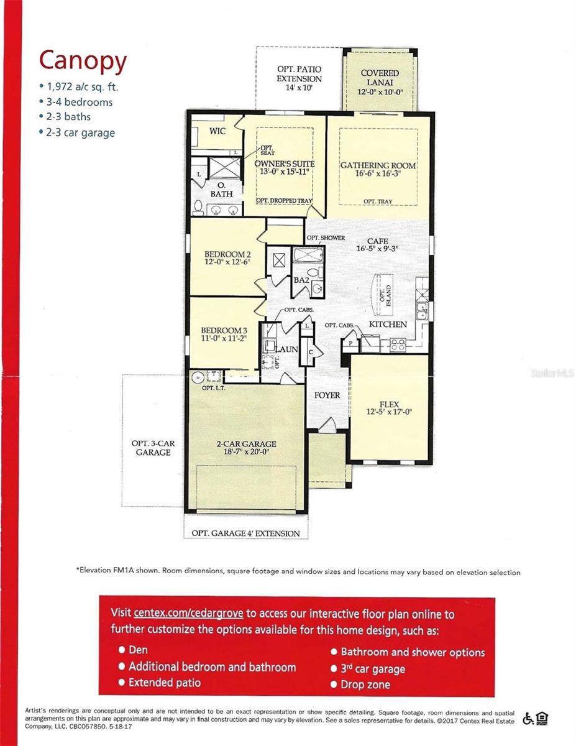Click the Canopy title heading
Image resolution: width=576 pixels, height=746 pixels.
coord(83,61)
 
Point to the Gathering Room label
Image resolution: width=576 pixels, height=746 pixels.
coord(378,166)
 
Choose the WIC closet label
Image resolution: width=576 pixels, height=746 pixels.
coord(217,132)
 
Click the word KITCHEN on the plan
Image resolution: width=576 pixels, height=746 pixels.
coord(388,325)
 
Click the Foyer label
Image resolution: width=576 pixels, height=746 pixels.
coord(327,395)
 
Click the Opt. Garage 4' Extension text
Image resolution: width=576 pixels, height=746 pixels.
coord(245,533)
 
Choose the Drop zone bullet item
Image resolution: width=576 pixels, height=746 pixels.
coord(365,684)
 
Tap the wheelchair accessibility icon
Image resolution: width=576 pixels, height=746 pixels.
coord(528,719)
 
